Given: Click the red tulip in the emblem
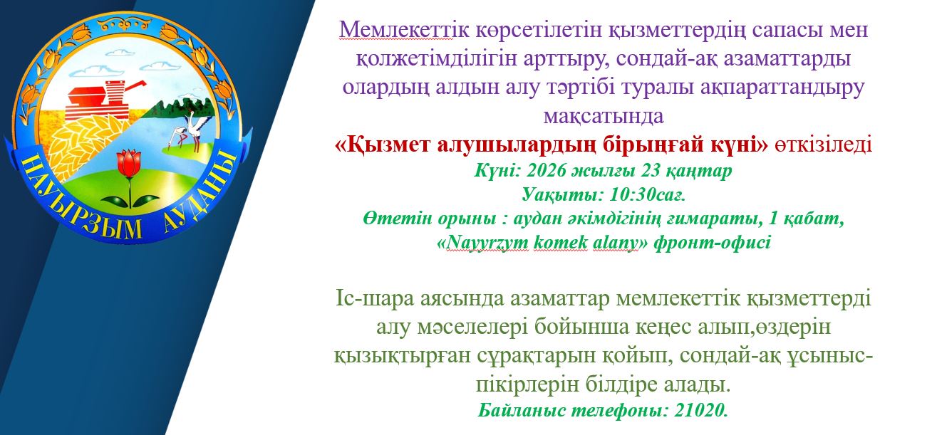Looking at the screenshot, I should pyautogui.click(x=128, y=164).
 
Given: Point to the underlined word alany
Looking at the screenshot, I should pyautogui.click(x=614, y=242).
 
